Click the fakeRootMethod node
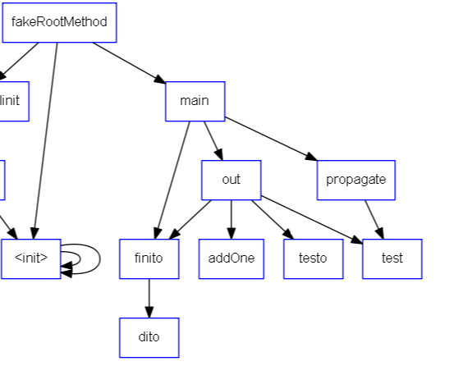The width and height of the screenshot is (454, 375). [x=59, y=22]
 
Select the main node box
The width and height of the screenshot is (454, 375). [x=195, y=101]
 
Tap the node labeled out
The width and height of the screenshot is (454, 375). [x=231, y=180]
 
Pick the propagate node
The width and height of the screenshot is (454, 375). [x=355, y=180]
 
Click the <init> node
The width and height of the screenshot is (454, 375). [x=31, y=258]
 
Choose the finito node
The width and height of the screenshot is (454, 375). [x=149, y=258]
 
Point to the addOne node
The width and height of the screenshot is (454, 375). [x=231, y=258]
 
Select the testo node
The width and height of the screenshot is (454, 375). [x=313, y=258]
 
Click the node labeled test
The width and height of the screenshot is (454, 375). [x=392, y=258]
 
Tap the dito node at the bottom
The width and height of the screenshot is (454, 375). [x=149, y=337]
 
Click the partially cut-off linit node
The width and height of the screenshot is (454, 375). [x=11, y=101]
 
